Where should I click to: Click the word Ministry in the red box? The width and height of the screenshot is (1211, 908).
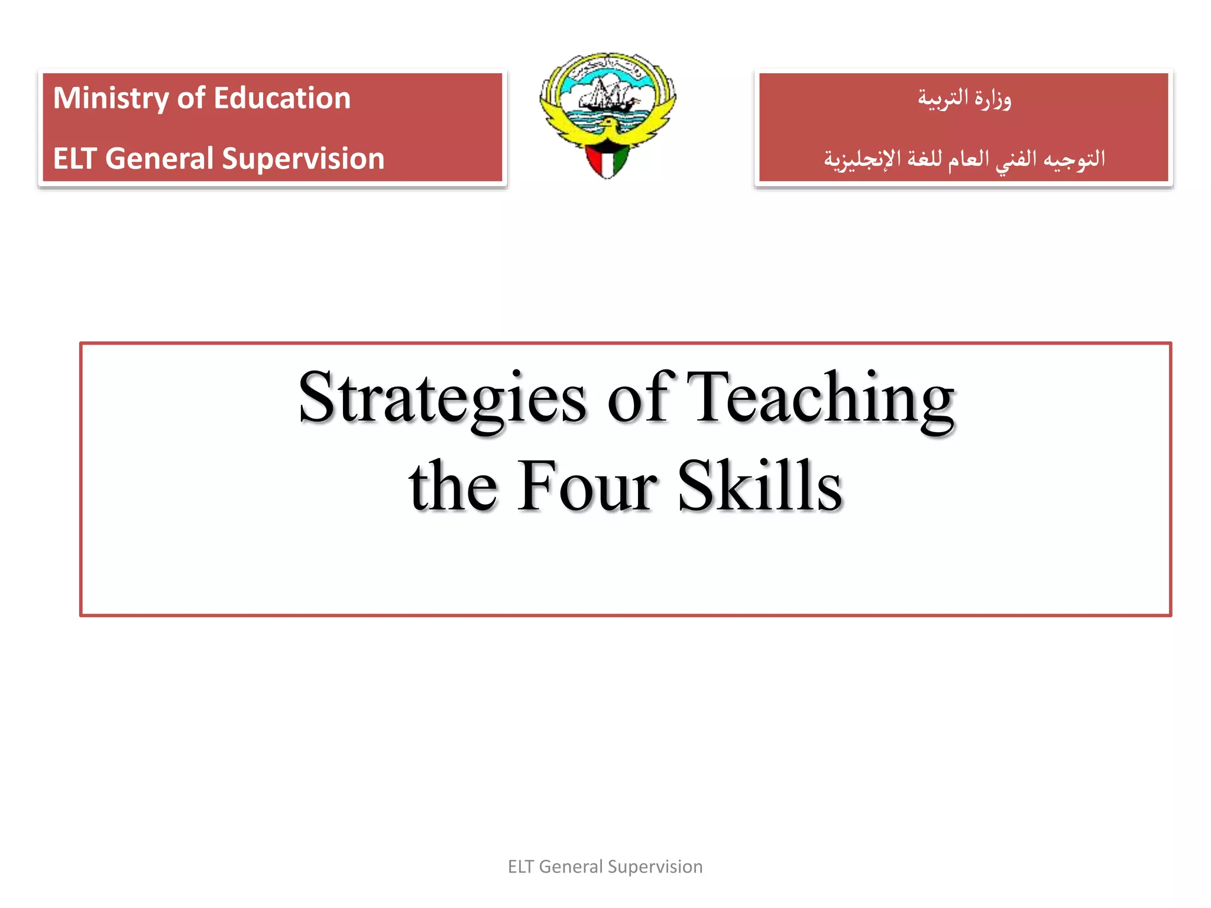[111, 99]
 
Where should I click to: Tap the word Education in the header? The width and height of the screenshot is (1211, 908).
[282, 98]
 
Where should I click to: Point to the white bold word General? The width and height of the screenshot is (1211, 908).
[159, 158]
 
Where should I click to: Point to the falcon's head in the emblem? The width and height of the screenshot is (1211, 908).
[607, 125]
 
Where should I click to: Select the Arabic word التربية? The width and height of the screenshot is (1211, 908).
[943, 99]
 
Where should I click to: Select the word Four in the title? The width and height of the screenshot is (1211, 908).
[587, 486]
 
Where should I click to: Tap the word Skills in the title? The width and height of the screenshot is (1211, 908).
[759, 486]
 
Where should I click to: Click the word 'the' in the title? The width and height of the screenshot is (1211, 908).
[453, 486]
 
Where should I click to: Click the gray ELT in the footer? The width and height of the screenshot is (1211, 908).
[520, 867]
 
